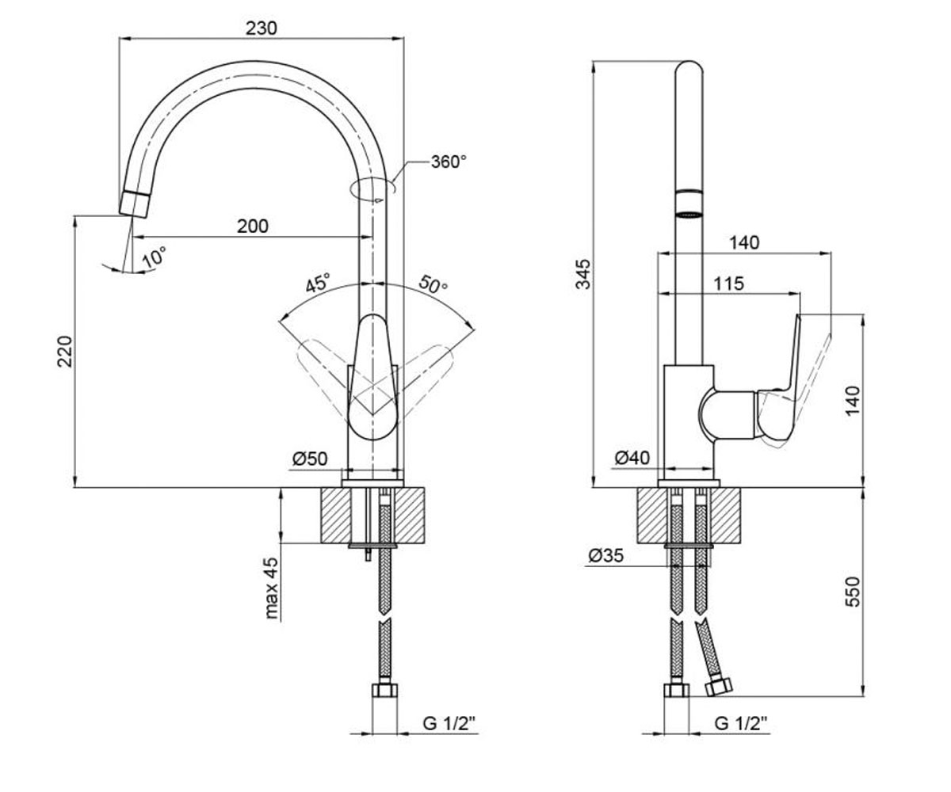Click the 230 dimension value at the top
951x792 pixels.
[x=262, y=29]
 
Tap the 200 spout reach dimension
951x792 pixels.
[x=253, y=227]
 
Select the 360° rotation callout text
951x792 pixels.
[x=449, y=162]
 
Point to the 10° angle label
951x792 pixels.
[x=155, y=257]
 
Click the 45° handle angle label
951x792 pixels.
[x=317, y=283]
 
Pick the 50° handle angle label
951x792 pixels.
[x=433, y=284]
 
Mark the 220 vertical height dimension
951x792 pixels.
[x=65, y=352]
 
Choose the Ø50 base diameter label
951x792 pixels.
[x=310, y=459]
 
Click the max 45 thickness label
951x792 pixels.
[x=271, y=588]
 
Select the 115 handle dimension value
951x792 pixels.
[x=728, y=284]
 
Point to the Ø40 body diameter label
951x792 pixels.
[x=632, y=458]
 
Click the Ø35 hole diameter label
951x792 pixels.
[x=606, y=555]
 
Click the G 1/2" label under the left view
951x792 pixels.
[x=449, y=723]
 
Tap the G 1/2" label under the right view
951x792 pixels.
[x=741, y=723]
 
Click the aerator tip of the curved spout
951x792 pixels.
[x=135, y=205]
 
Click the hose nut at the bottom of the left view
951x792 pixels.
[x=385, y=690]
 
